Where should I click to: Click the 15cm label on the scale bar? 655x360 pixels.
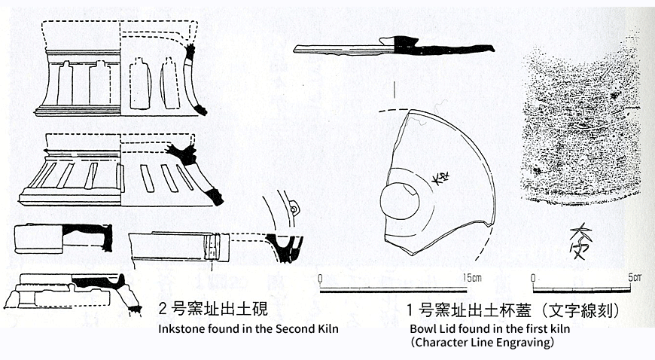click(472, 277)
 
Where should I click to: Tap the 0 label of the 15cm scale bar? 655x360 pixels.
click(321, 277)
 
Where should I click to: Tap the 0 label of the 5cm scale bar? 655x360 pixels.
click(533, 277)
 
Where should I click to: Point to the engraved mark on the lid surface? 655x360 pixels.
click(439, 178)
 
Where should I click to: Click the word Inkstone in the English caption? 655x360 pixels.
click(178, 329)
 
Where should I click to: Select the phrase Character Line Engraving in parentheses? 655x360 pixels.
click(483, 343)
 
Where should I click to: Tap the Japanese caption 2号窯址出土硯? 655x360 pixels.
click(212, 309)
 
